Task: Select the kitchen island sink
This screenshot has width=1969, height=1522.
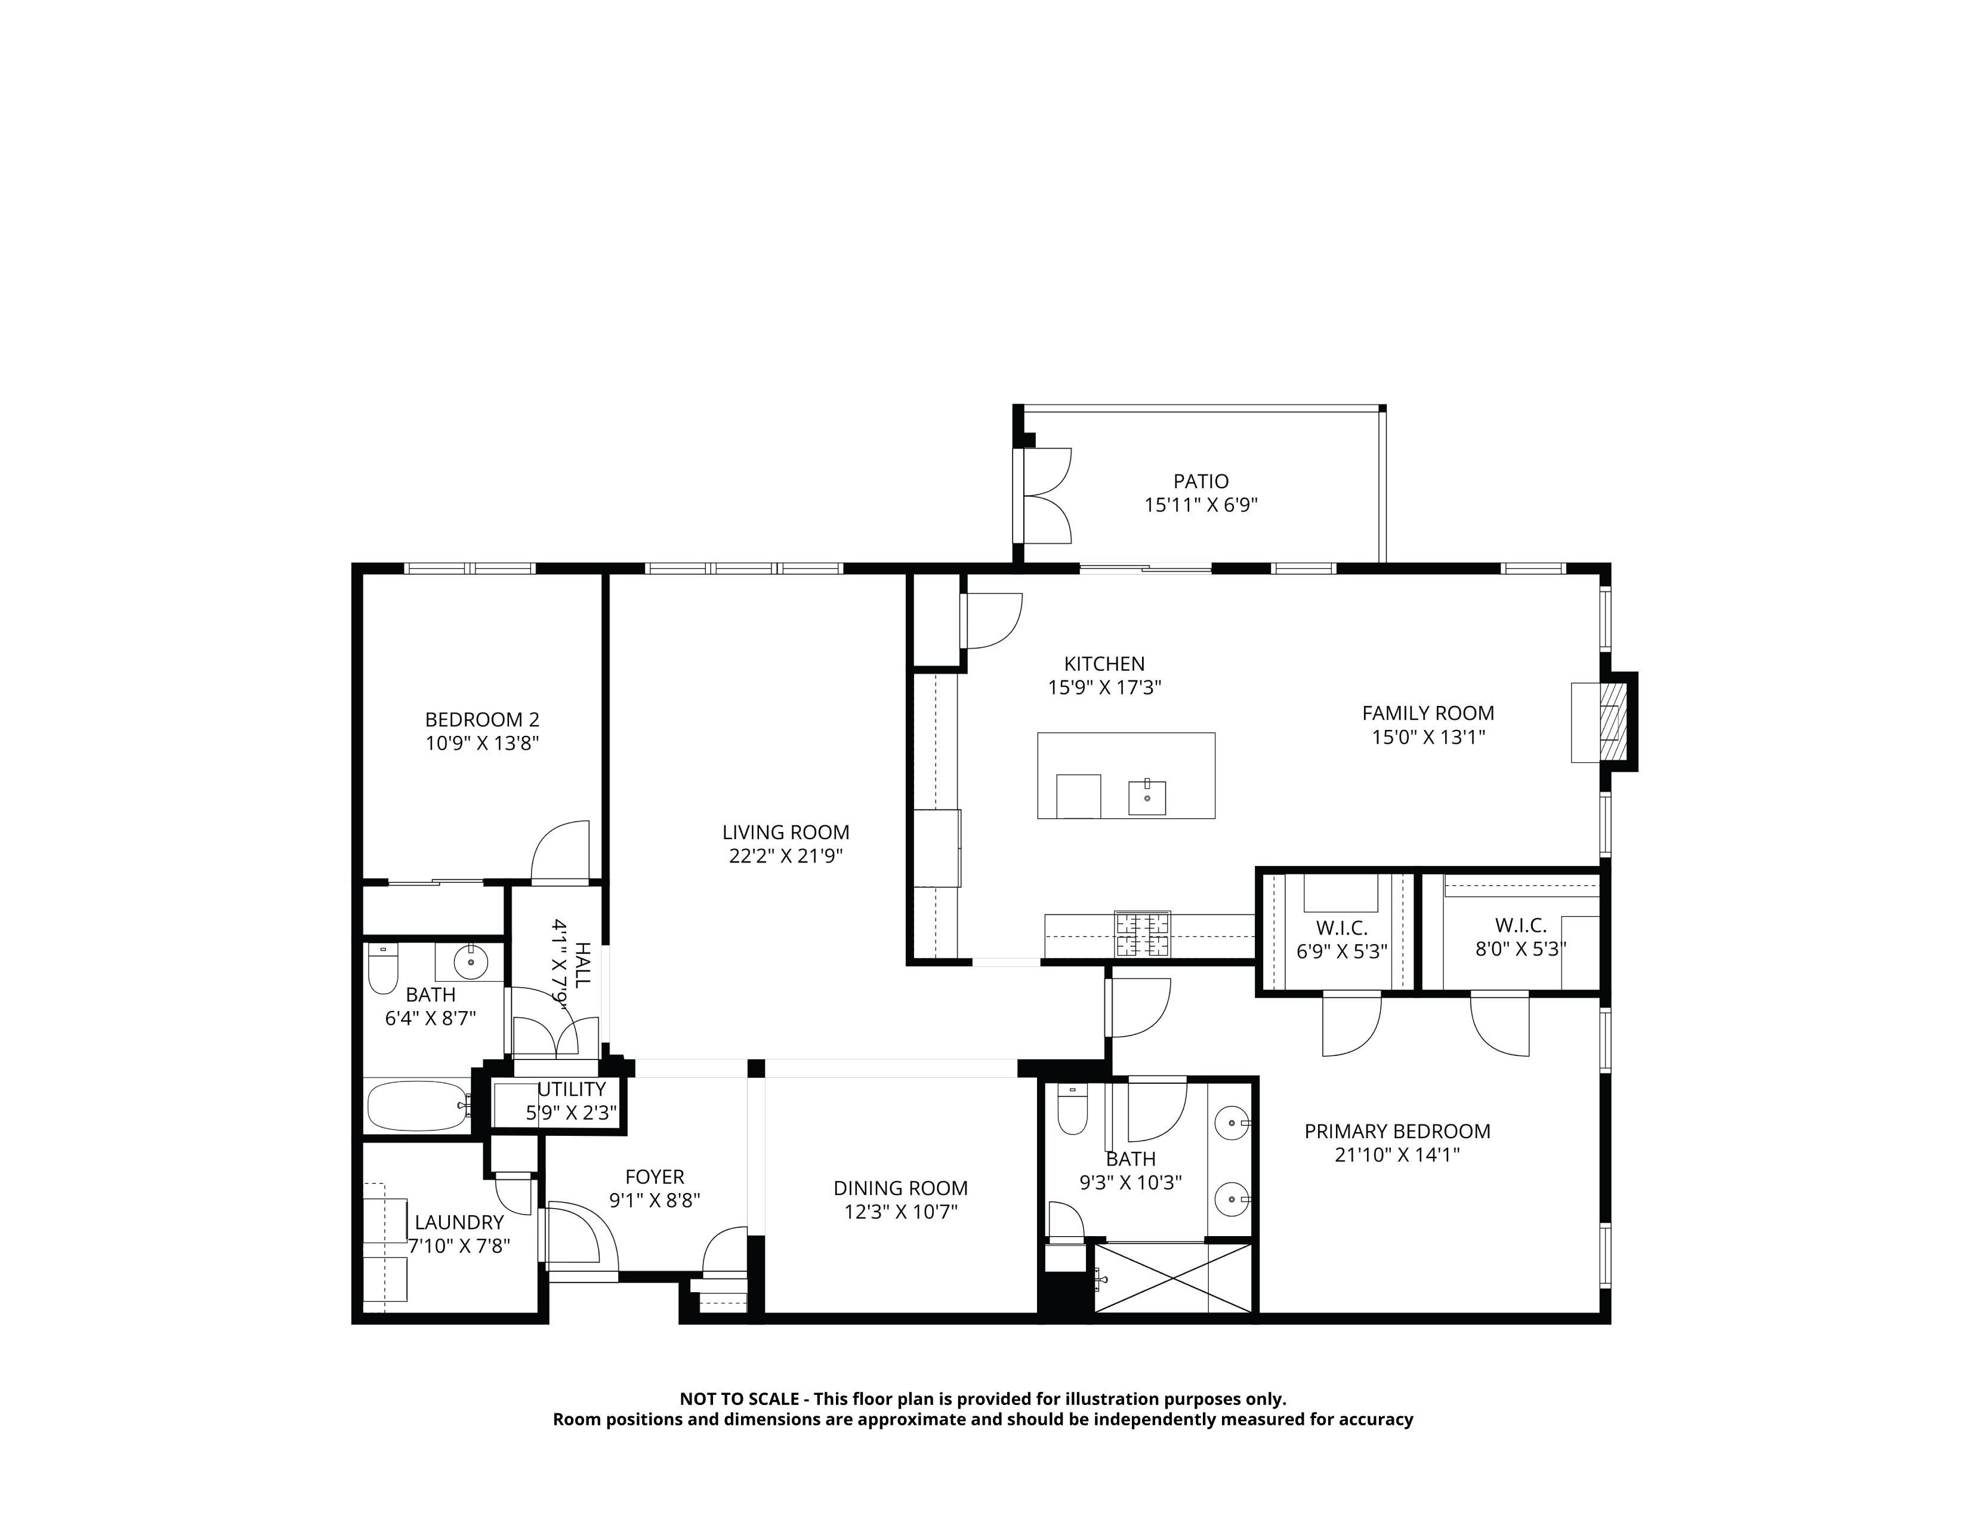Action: coord(1147,797)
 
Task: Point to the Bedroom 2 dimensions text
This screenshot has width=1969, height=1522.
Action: coord(482,743)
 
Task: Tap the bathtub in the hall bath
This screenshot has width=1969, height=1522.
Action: coord(418,1105)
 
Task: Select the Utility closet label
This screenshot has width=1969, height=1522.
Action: coord(572,1089)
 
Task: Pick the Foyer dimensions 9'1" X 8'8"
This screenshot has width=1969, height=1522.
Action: coord(655,1200)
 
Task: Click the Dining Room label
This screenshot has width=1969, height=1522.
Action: coord(900,1188)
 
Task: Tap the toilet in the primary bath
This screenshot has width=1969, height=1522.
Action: coord(1073,1109)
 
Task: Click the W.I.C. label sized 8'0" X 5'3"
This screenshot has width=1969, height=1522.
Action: coord(1521,925)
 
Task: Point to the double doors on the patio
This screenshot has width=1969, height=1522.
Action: coord(1046,496)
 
